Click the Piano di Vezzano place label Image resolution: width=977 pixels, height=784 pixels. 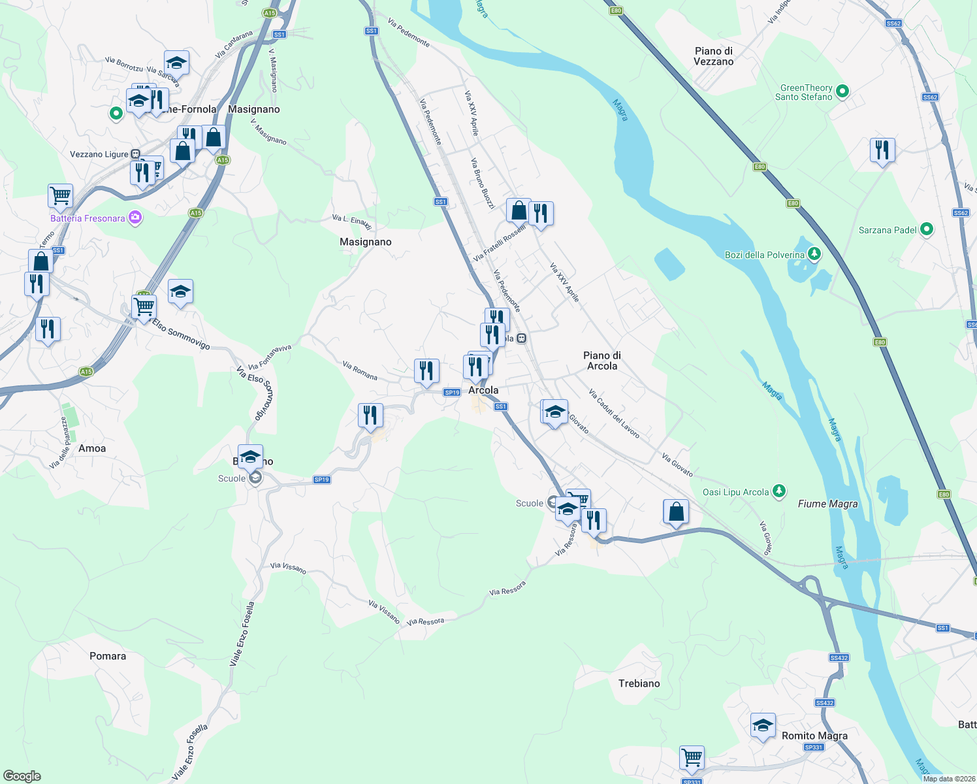713,56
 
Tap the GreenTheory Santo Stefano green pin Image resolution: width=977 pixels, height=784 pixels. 842,92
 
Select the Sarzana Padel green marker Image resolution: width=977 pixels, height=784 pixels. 926,230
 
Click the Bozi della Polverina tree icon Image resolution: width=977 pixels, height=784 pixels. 814,254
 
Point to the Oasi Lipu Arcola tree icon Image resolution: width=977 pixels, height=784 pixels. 778,491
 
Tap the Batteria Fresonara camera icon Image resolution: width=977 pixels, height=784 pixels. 135,218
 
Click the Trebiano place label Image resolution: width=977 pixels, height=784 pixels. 639,683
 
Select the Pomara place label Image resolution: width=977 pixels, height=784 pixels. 108,656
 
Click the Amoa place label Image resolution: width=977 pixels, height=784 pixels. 92,448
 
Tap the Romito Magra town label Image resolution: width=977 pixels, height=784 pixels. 814,736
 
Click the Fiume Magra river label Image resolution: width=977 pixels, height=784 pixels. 827,504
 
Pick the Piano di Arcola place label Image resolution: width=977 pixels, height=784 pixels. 601,361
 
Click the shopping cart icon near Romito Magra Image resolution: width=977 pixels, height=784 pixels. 692,758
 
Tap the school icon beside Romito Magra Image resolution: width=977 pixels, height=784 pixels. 763,725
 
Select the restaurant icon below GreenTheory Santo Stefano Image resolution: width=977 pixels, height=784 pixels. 882,150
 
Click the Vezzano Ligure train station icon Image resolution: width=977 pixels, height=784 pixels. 135,154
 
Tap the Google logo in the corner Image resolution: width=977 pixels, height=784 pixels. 22,776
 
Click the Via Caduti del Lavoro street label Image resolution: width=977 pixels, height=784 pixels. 613,414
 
